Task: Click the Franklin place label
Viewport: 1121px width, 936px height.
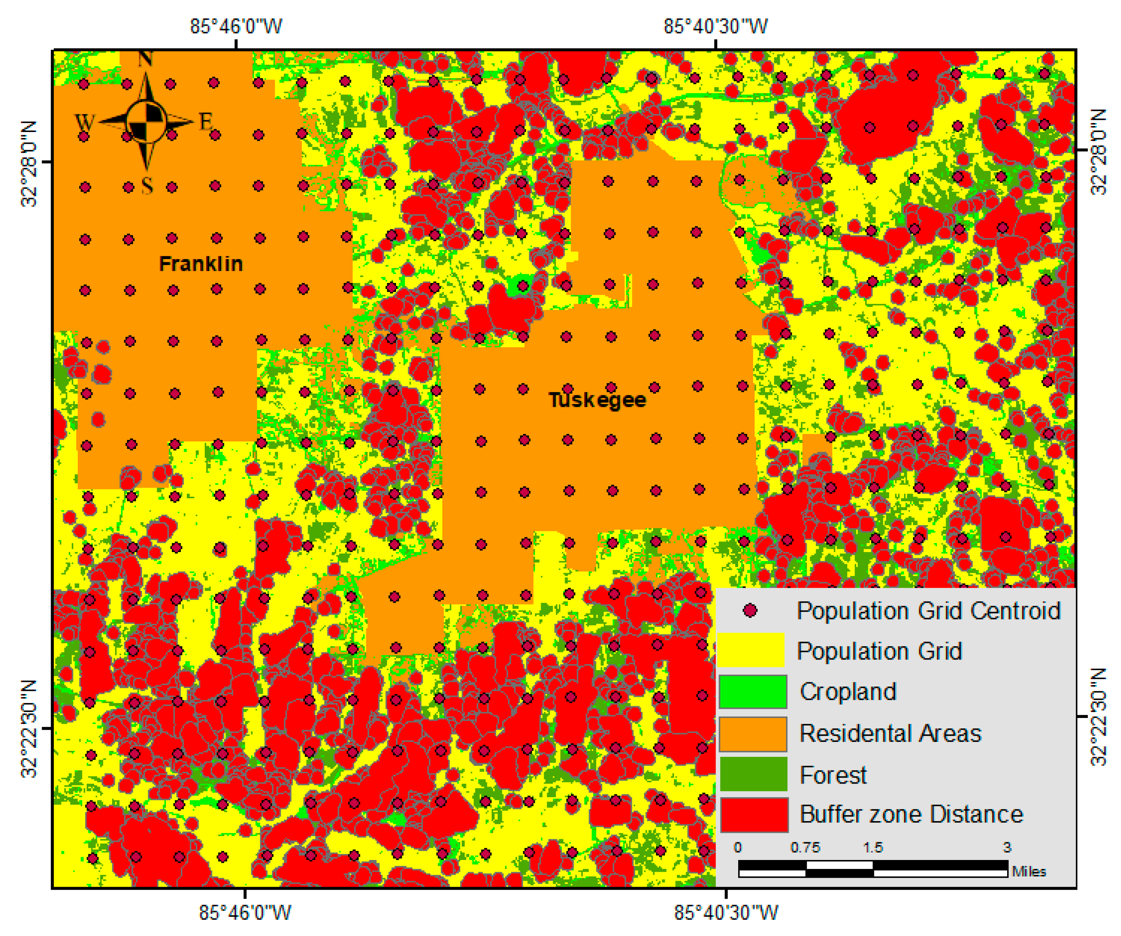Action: coord(201,264)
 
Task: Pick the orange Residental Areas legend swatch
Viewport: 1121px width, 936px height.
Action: coord(753,734)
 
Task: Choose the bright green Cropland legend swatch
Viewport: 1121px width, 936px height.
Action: coord(753,692)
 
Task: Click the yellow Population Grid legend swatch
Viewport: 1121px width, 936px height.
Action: coord(751,650)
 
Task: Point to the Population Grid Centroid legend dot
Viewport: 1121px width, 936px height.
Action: coord(750,610)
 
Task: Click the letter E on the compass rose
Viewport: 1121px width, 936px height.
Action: coord(206,122)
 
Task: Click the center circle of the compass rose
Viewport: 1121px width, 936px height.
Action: coord(146,122)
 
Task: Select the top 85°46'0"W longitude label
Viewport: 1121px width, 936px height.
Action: coord(236,26)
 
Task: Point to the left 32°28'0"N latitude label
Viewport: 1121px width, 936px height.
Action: coord(29,164)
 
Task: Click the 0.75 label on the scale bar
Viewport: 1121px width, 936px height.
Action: coord(805,848)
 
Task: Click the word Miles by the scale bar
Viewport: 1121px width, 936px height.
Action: coord(1028,871)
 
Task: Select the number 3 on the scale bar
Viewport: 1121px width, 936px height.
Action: coord(1006,848)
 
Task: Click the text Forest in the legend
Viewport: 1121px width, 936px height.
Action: coord(833,775)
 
